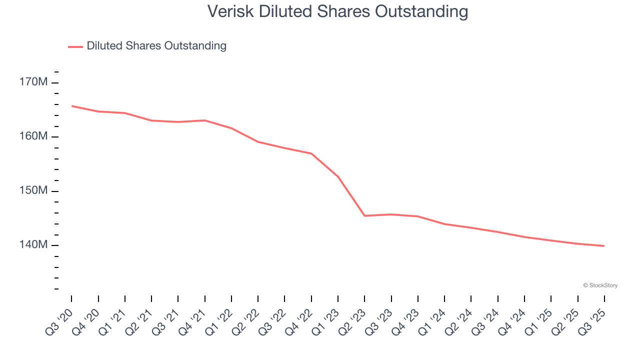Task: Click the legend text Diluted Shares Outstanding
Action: pyautogui.click(x=156, y=46)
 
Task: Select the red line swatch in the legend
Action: pyautogui.click(x=75, y=46)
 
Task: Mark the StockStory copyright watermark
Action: pyautogui.click(x=600, y=285)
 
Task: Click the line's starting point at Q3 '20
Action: pyautogui.click(x=71, y=106)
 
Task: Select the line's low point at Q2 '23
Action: pyautogui.click(x=364, y=215)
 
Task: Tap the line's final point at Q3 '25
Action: pyautogui.click(x=604, y=246)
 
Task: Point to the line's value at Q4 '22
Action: pyautogui.click(x=311, y=153)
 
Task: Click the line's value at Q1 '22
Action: pyautogui.click(x=231, y=128)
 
